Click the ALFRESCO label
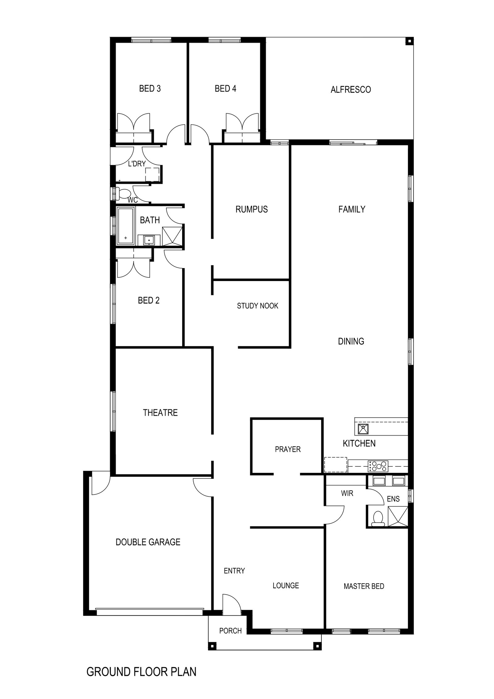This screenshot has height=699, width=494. pyautogui.click(x=350, y=90)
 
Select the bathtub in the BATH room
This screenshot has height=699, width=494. pyautogui.click(x=126, y=226)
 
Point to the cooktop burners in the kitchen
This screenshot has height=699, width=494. pyautogui.click(x=378, y=466)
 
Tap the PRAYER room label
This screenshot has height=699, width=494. pyautogui.click(x=288, y=449)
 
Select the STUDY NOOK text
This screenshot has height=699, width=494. pyautogui.click(x=257, y=306)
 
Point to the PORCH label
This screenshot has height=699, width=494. pyautogui.click(x=230, y=631)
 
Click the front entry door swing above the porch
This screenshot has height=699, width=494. pyautogui.click(x=232, y=602)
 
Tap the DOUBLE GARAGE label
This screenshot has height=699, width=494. pyautogui.click(x=148, y=542)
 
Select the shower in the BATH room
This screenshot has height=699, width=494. pyautogui.click(x=172, y=236)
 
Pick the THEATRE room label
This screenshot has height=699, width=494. pyautogui.click(x=160, y=413)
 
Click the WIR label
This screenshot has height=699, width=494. pyautogui.click(x=347, y=493)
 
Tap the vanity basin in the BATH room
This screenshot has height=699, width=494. pyautogui.click(x=149, y=240)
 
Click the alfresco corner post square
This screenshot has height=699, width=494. pyautogui.click(x=409, y=41)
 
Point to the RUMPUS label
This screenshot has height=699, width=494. pyautogui.click(x=252, y=209)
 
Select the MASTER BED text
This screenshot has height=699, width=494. pyautogui.click(x=364, y=586)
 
